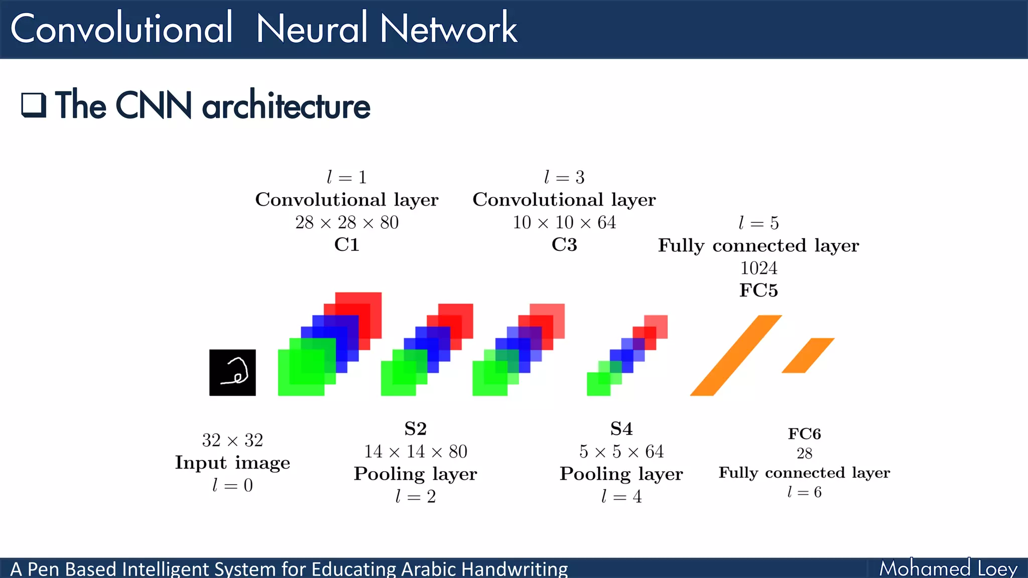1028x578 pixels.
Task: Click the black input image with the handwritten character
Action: [232, 372]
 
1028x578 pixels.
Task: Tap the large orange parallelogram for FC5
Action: [736, 355]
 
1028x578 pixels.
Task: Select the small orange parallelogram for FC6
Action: [808, 355]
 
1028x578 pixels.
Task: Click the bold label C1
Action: [347, 245]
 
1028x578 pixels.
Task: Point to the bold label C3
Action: [564, 245]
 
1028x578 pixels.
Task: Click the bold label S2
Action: [416, 429]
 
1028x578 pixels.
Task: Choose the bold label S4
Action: [621, 429]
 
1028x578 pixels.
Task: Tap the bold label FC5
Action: [758, 291]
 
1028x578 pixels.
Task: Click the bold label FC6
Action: [804, 434]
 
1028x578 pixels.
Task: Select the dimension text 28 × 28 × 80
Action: [347, 222]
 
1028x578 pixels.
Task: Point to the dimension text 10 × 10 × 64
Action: [564, 222]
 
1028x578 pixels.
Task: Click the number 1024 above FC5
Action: [758, 268]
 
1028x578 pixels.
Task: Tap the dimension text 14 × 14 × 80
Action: [416, 452]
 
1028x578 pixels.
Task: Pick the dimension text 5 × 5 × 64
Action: [621, 452]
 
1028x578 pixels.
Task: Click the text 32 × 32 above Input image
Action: [232, 441]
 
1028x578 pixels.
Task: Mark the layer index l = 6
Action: [804, 492]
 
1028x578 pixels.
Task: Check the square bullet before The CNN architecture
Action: [34, 105]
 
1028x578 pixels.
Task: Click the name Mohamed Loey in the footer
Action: [948, 569]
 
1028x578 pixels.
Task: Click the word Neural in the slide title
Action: [312, 29]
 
